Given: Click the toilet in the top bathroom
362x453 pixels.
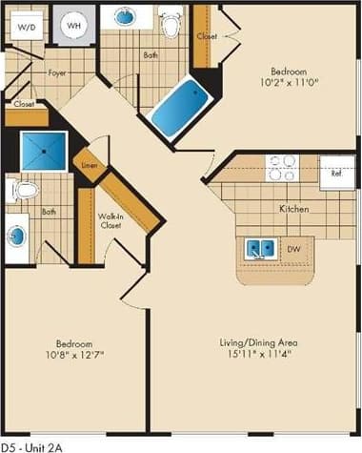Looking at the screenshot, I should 171,24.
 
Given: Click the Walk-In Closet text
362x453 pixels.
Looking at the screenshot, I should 111,222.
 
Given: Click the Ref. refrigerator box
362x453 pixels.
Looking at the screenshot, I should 336,174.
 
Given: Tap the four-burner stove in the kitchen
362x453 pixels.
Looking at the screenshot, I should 282,168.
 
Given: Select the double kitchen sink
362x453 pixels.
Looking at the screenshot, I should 259,249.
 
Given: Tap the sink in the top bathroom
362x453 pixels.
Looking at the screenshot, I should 125,17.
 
